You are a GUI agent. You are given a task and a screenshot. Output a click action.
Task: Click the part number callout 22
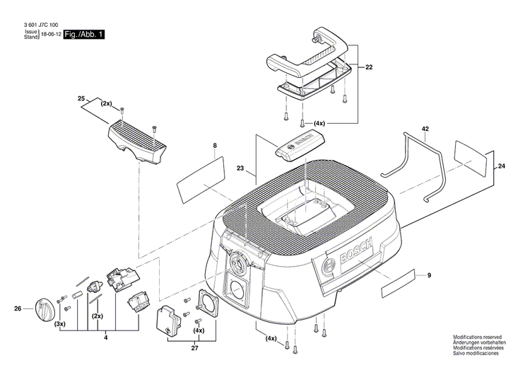pos(369,67)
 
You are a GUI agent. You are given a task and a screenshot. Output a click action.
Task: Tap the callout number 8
pos(215,146)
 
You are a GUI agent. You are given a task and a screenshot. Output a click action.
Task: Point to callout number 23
pos(241,169)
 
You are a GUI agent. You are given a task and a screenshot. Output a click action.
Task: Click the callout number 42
pos(425,129)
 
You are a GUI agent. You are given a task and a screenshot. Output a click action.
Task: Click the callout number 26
pos(18,308)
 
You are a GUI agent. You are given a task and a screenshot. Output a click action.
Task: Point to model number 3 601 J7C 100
pos(36,25)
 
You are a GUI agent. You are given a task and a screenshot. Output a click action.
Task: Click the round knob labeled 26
pos(45,308)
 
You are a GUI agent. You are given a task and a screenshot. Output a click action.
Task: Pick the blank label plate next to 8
pos(200,174)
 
